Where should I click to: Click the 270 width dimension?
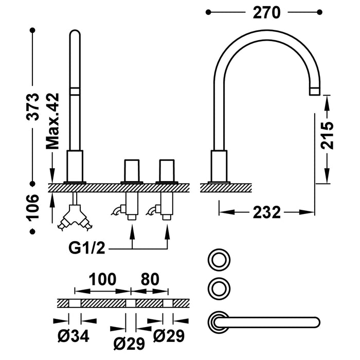[266, 12]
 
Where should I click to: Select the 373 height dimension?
[33, 106]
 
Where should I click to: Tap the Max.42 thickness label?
[53, 121]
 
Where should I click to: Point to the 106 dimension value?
[33, 207]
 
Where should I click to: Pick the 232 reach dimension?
[267, 211]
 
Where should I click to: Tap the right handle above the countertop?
[167, 170]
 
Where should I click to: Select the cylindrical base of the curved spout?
[219, 166]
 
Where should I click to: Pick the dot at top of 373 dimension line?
[33, 31]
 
